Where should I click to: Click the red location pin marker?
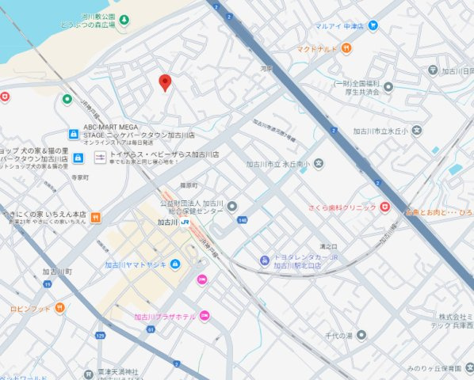[x=165, y=82]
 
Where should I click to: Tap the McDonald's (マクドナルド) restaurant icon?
[x=347, y=49]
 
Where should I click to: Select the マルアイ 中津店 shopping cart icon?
[x=373, y=25]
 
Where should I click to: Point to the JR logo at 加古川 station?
[x=184, y=222]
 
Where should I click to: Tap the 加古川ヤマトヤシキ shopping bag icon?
[x=175, y=264]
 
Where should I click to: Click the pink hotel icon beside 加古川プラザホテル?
[x=205, y=316]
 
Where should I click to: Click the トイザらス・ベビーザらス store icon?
[x=100, y=158]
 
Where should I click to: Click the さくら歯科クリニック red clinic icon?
[x=384, y=207]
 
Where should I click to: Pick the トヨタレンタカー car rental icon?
[x=264, y=261]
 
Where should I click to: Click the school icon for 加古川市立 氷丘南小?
[x=318, y=164]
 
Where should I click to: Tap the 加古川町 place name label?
[x=58, y=272]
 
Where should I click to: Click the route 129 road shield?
[x=101, y=336]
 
